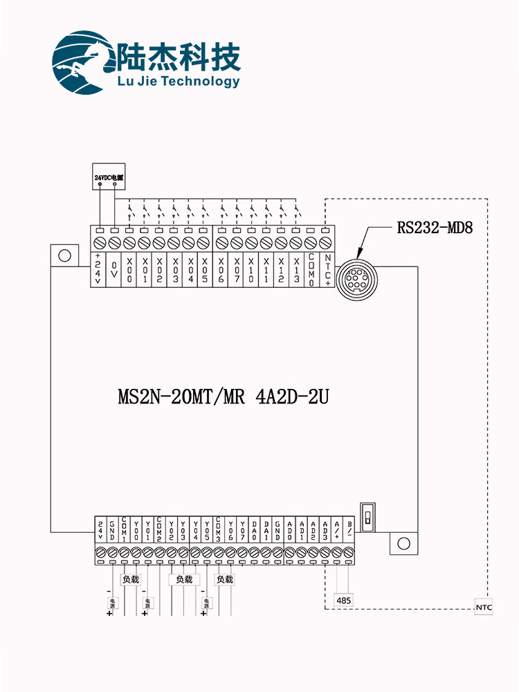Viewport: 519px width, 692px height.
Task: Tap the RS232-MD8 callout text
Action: tap(435, 227)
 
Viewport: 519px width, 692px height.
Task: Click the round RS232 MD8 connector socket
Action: tap(356, 276)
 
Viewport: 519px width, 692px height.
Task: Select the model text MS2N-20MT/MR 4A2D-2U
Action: tap(223, 398)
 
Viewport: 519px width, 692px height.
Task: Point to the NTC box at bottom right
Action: tap(484, 608)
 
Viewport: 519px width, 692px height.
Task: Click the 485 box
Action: tap(344, 600)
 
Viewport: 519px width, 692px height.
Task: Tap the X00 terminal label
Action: tap(129, 269)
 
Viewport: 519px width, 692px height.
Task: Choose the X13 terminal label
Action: tap(297, 269)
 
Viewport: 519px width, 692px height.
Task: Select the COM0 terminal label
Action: tap(312, 269)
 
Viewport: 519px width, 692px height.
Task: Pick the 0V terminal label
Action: tap(114, 266)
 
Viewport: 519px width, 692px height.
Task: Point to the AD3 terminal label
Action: tap(325, 530)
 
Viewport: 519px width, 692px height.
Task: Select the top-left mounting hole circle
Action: tap(64, 255)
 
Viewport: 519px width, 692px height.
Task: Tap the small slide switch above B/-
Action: tap(368, 518)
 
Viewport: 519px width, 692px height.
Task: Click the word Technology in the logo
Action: tap(202, 82)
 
